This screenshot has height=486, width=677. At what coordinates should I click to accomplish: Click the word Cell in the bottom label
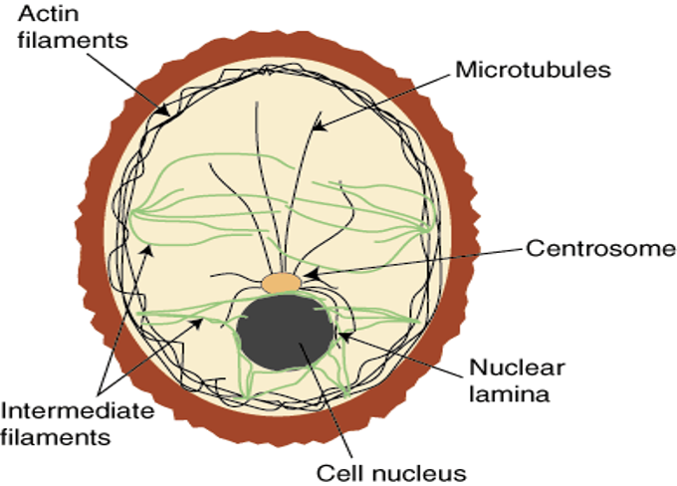click(x=336, y=469)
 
